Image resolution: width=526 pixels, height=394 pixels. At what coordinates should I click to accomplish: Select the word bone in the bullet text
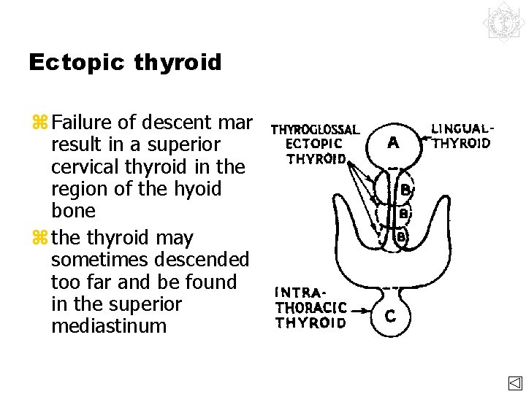[x=73, y=211]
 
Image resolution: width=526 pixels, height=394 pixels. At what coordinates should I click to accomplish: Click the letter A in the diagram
[x=393, y=144]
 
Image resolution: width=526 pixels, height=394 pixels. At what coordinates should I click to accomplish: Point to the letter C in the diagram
[x=391, y=316]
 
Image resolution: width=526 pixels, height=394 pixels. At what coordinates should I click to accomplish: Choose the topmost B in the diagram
[x=404, y=190]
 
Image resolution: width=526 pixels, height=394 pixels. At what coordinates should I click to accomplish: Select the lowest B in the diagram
[x=400, y=237]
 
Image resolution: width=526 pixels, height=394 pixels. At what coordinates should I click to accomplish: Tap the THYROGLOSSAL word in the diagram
[x=315, y=131]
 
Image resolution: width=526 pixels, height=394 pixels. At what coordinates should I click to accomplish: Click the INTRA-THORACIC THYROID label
[x=310, y=308]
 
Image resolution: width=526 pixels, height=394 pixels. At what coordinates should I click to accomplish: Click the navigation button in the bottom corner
[x=515, y=384]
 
